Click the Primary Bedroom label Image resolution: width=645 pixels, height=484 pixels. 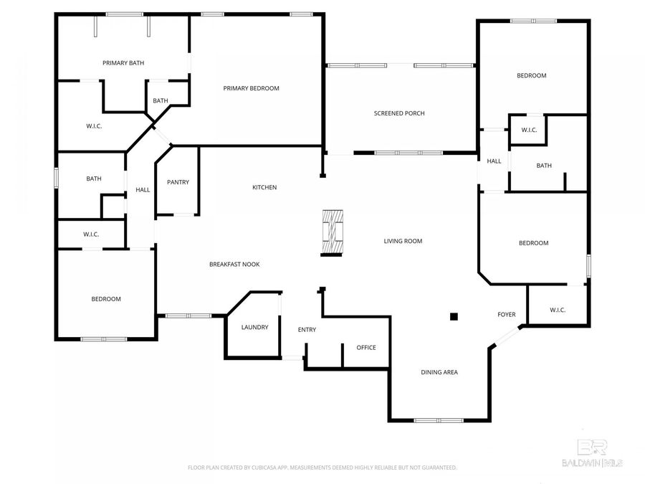click(251, 88)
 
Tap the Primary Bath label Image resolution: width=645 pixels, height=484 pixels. click(123, 63)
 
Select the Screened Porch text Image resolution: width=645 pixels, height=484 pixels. click(399, 113)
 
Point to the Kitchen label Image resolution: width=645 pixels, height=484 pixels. click(264, 188)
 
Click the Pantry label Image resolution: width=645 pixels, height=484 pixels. click(178, 182)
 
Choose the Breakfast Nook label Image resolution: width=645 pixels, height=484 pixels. click(234, 265)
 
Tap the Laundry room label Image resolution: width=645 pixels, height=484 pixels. click(254, 328)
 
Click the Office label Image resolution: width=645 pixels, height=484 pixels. click(366, 348)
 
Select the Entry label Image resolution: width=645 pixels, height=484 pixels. click(307, 330)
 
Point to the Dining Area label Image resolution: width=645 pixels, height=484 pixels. click(439, 372)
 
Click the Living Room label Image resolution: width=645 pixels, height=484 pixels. click(403, 242)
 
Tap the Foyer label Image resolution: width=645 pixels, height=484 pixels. click(507, 315)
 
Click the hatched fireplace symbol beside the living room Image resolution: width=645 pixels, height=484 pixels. click(334, 232)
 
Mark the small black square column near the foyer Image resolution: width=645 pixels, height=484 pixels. click(453, 315)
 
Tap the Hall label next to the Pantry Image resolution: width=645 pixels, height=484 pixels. click(143, 190)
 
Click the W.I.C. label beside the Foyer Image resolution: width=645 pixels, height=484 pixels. click(558, 310)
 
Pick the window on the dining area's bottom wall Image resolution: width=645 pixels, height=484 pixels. click(439, 420)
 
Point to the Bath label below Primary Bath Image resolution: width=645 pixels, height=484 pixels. click(161, 101)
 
